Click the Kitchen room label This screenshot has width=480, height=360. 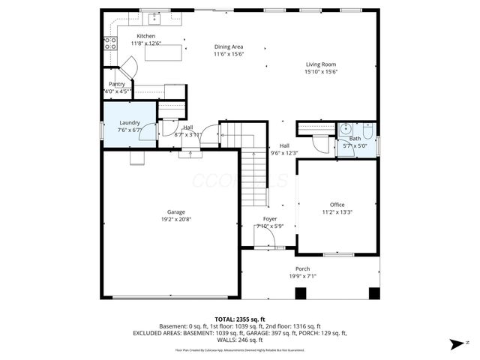coord(145,36)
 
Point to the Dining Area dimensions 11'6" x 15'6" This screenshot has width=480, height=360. coord(229,54)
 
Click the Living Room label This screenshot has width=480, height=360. coord(321,64)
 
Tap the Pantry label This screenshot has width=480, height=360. coord(117,84)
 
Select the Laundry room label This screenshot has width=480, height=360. coord(130,121)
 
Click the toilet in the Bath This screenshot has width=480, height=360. coord(367,127)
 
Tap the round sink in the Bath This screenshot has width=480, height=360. coord(344,127)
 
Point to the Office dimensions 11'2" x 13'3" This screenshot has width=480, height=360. coord(337,212)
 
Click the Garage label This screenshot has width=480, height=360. coord(176,211)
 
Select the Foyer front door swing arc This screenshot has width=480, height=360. coord(263,238)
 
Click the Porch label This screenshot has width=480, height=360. coord(302,268)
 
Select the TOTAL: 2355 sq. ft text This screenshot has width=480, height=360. coord(239,319)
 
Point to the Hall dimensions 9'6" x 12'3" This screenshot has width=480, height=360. coord(284,153)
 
